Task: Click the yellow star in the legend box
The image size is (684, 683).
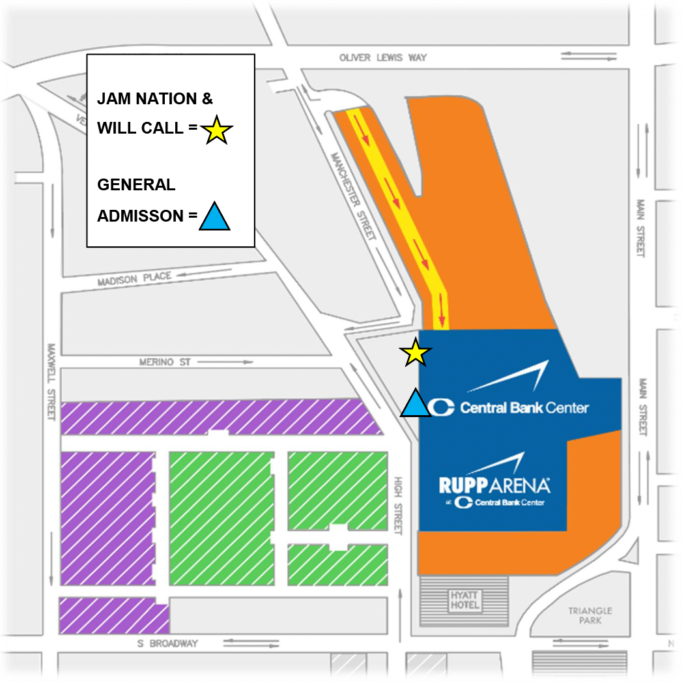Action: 216,130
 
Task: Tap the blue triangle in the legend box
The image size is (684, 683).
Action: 214,218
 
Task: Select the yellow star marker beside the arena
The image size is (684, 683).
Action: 415,353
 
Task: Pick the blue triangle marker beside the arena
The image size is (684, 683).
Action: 415,403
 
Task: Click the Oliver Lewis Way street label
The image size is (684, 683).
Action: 383,57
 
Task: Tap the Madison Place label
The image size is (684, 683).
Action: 134,279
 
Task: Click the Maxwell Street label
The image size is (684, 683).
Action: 50,382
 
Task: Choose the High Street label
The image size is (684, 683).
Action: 399,506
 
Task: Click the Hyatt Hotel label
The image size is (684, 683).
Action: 465,600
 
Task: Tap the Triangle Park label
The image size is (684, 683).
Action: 590,615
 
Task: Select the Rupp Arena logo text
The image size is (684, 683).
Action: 494,485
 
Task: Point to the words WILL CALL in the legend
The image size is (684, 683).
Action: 140,128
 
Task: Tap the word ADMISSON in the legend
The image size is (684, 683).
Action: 141,216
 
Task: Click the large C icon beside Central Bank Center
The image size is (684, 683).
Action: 442,407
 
